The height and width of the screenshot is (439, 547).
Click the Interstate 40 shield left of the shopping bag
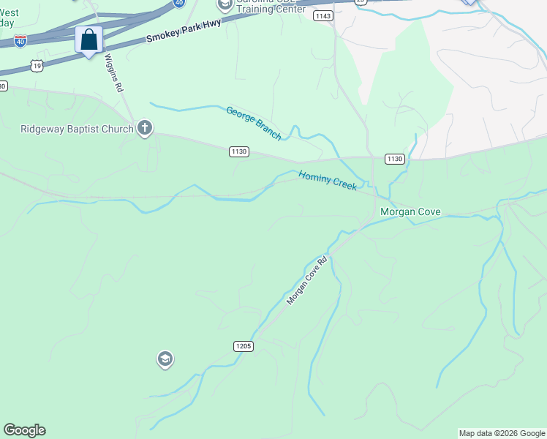click(21, 40)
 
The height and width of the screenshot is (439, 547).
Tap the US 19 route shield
click(37, 66)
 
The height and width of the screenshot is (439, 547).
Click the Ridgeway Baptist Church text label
click(76, 129)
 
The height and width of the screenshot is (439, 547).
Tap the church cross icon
click(145, 129)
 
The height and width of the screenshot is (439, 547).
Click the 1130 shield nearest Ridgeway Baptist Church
click(239, 151)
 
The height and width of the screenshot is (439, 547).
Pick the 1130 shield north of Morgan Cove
click(394, 159)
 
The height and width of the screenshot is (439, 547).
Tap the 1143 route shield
click(322, 15)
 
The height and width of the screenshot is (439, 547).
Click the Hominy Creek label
click(327, 180)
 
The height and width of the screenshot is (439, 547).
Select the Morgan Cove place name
click(410, 211)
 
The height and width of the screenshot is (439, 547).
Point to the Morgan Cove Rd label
click(306, 280)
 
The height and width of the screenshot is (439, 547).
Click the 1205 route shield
click(244, 345)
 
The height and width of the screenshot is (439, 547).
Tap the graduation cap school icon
click(165, 359)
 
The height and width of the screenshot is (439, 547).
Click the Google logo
click(24, 430)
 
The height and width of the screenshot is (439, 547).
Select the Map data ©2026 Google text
click(501, 433)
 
